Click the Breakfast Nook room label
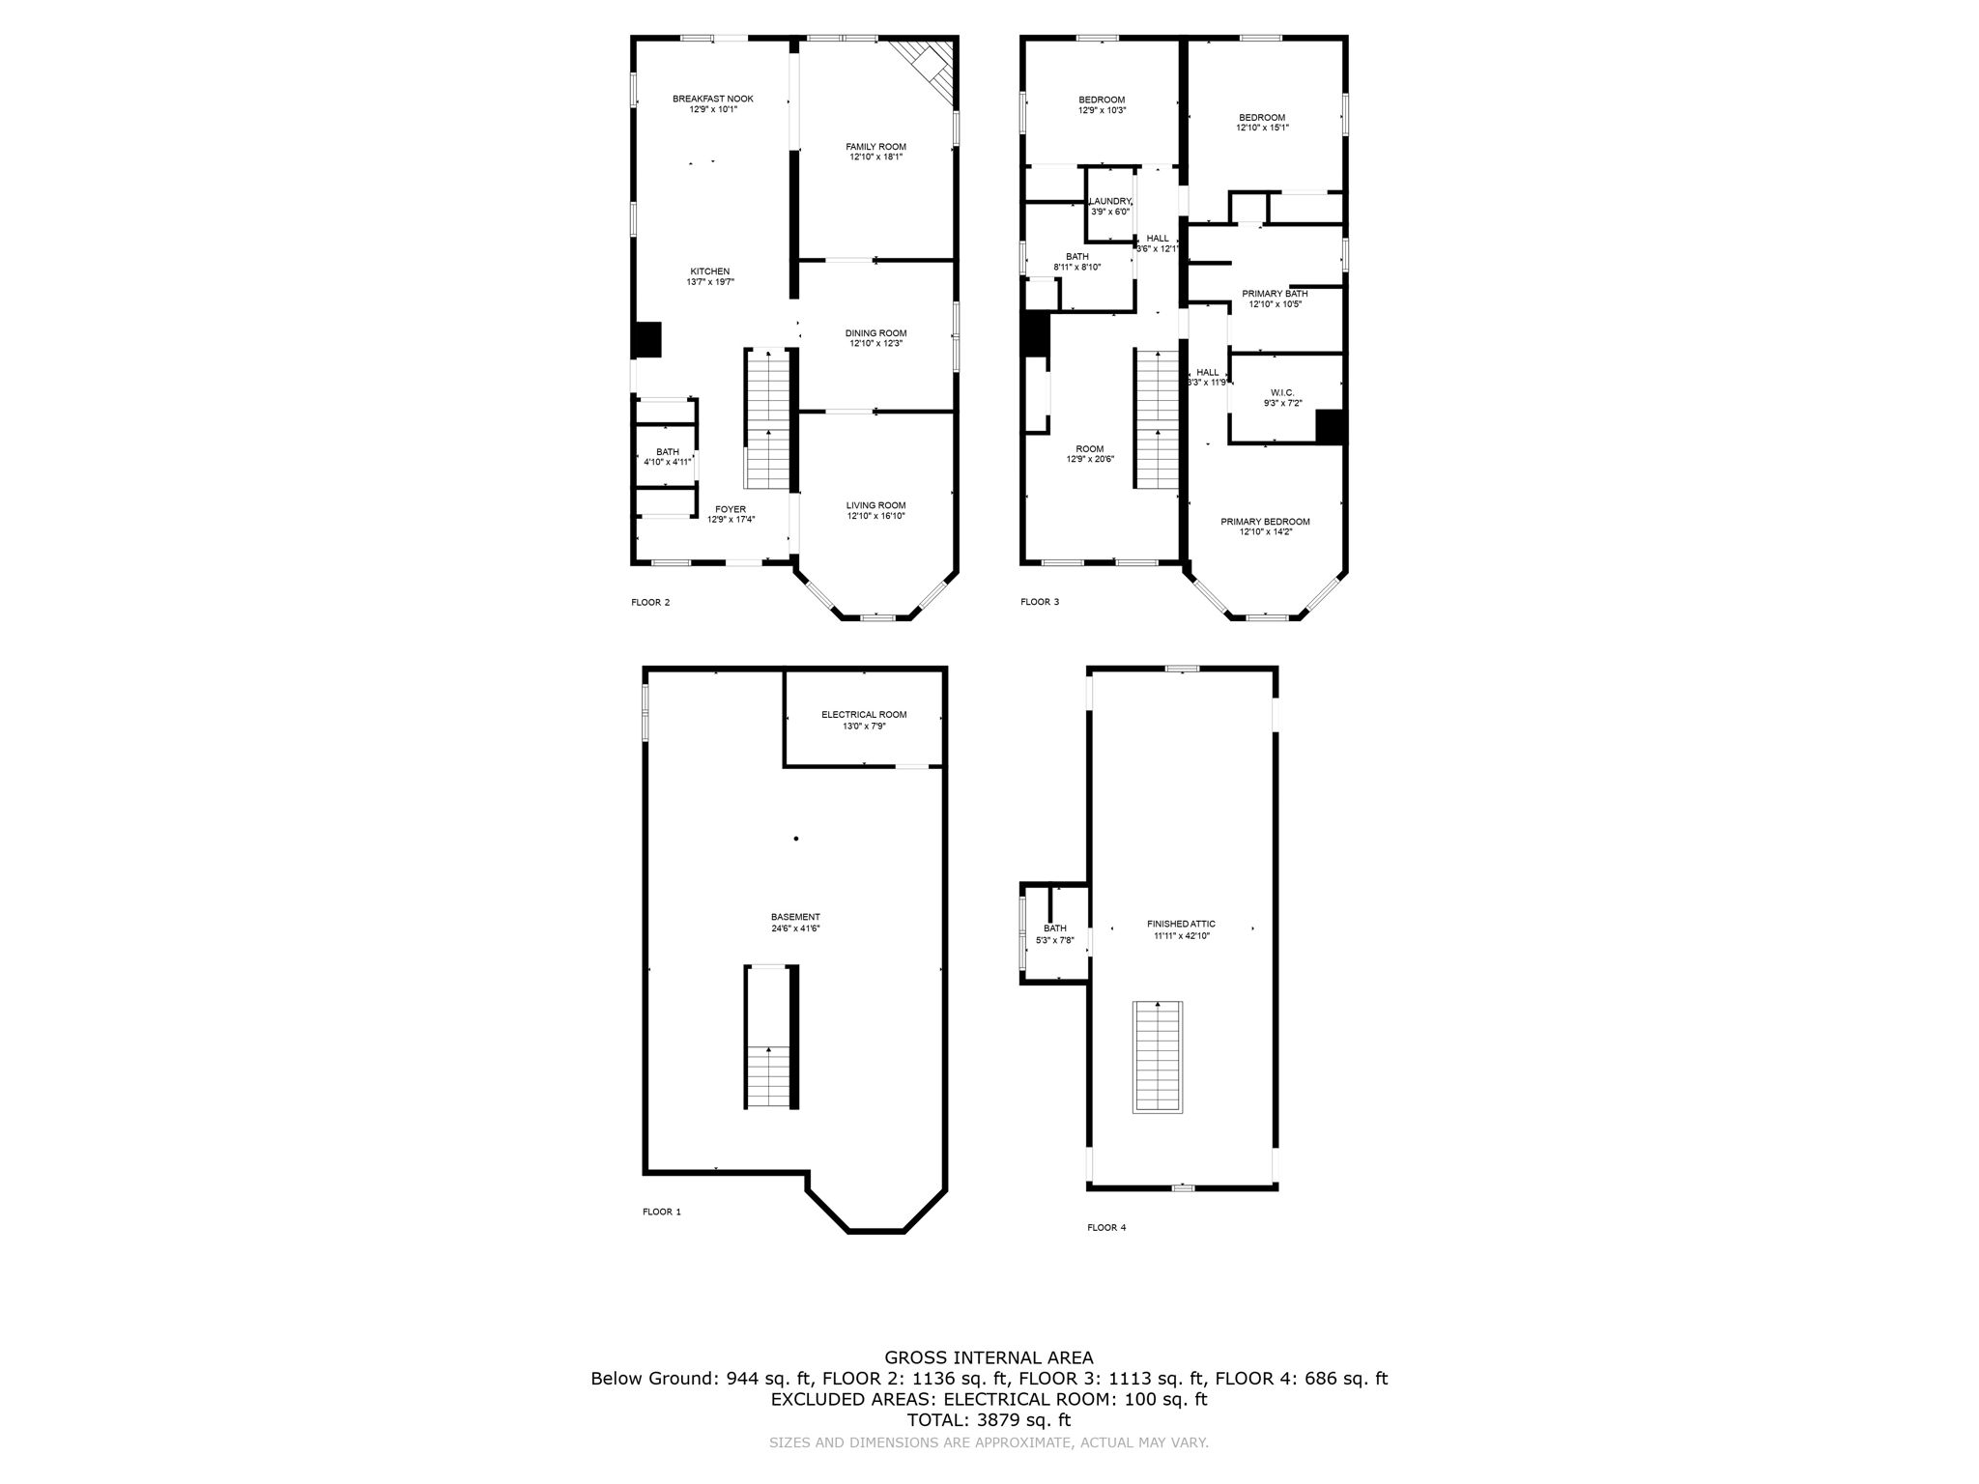pyautogui.click(x=713, y=99)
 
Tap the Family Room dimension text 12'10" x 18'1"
pyautogui.click(x=876, y=157)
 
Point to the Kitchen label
pyautogui.click(x=709, y=271)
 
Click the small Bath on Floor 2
pyautogui.click(x=668, y=456)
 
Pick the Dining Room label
pyautogui.click(x=875, y=333)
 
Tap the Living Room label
pyautogui.click(x=875, y=505)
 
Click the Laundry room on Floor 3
pyautogui.click(x=1109, y=206)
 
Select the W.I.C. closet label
pyautogui.click(x=1282, y=392)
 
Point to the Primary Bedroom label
pyautogui.click(x=1265, y=522)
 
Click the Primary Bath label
pyautogui.click(x=1275, y=294)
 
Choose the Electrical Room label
pyautogui.click(x=864, y=715)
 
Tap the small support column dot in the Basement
pyautogui.click(x=796, y=839)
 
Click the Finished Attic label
pyautogui.click(x=1181, y=924)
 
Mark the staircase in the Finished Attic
pyautogui.click(x=1159, y=1057)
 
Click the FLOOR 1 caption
pyautogui.click(x=662, y=1212)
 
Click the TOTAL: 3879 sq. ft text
pyautogui.click(x=989, y=1420)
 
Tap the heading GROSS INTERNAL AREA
pyautogui.click(x=989, y=1357)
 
